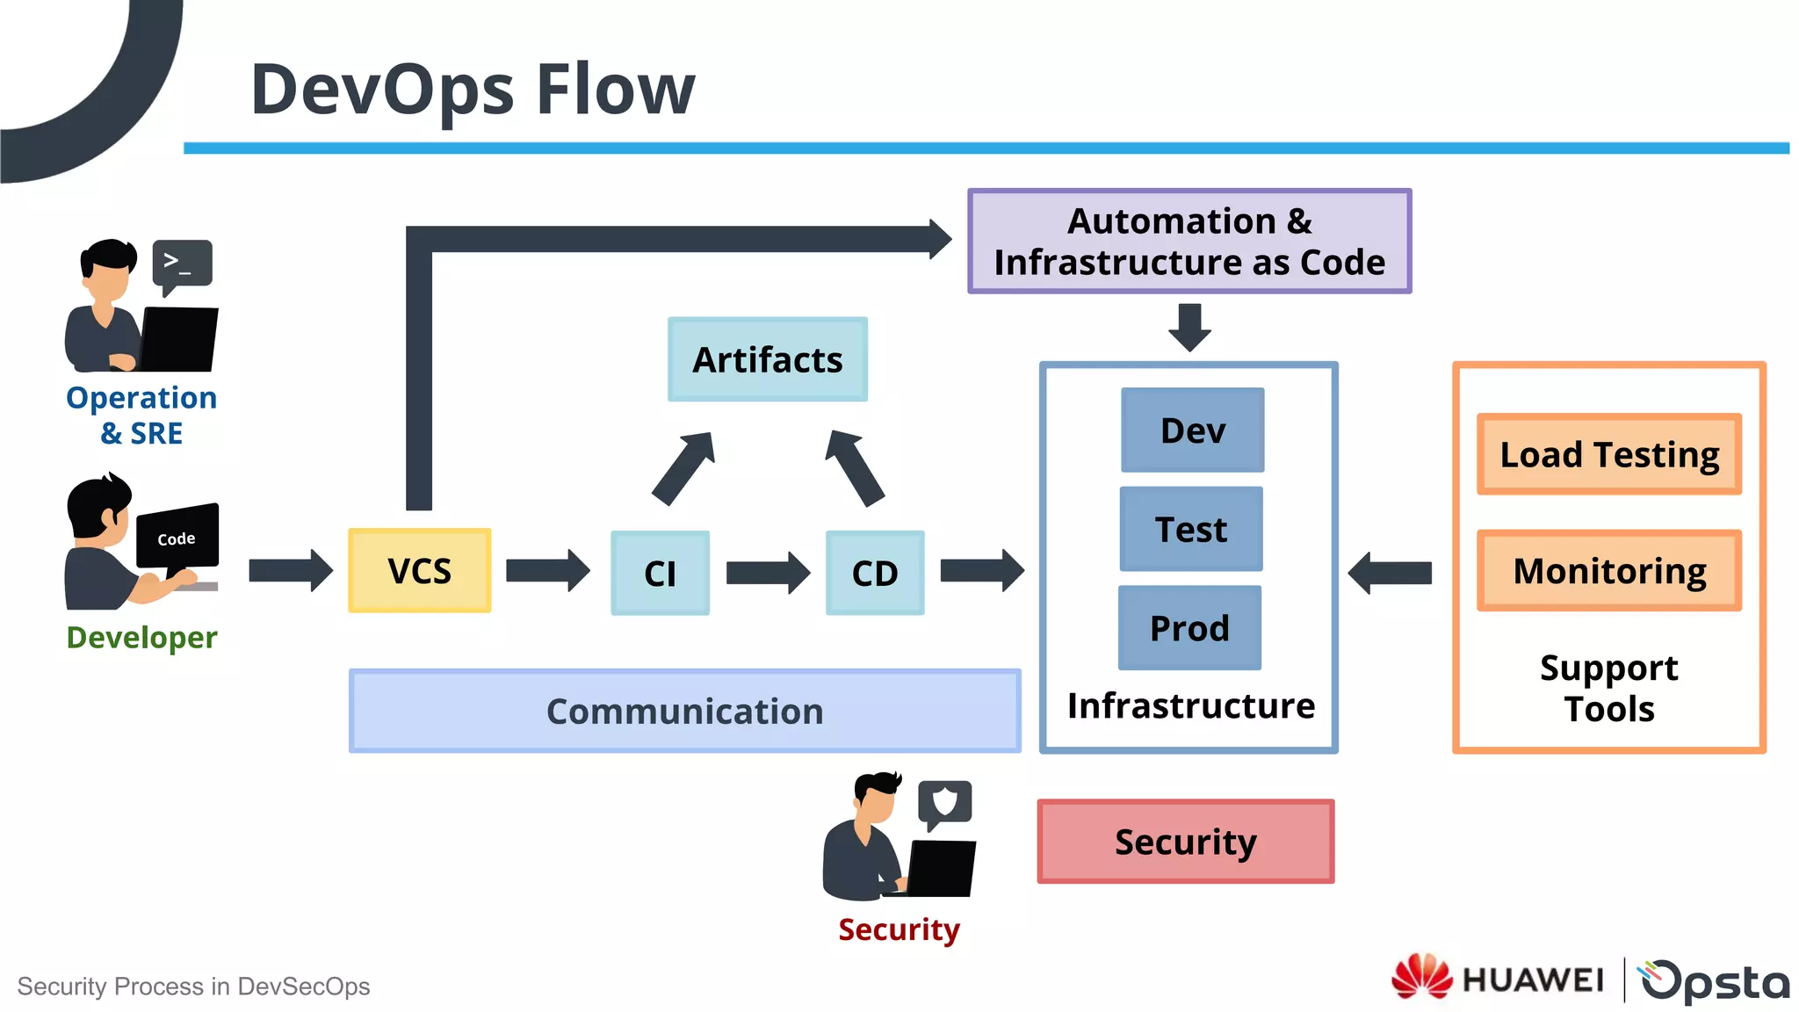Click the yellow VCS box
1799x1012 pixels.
coord(419,570)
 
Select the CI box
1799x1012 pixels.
coord(660,573)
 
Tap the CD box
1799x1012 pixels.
coord(874,573)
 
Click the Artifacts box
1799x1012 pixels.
coord(767,359)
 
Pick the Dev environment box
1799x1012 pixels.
coord(1192,430)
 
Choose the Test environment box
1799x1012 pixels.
coord(1190,529)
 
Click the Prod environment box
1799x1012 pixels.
coord(1189,627)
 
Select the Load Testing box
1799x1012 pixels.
coord(1608,454)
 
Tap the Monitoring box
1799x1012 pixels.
coord(1608,570)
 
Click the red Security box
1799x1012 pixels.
coord(1185,841)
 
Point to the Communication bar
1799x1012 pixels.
coord(684,711)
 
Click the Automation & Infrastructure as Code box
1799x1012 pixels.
coord(1188,241)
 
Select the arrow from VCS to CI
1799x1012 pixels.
coord(547,571)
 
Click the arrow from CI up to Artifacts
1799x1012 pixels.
coord(684,467)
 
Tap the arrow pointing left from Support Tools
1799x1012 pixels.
coord(1391,573)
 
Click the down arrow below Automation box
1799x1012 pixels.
coord(1189,327)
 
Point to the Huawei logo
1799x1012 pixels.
coord(1497,978)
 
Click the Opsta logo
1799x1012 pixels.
coord(1714,980)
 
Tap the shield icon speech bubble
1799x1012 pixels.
coord(944,802)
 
